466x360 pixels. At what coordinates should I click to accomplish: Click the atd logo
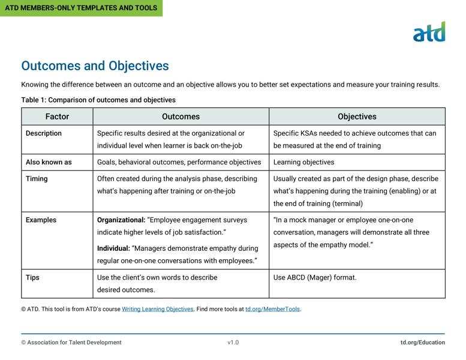click(429, 32)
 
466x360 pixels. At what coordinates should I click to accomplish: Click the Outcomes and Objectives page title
click(95, 66)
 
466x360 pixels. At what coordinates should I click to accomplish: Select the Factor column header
click(57, 116)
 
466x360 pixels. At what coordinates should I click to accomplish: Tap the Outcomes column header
click(181, 116)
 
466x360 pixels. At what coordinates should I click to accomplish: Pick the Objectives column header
click(357, 116)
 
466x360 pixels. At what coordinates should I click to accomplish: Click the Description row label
click(44, 133)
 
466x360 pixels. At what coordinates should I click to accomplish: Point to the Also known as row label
click(49, 162)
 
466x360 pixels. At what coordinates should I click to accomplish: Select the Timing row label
click(37, 179)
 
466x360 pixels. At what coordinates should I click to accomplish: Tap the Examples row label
click(41, 220)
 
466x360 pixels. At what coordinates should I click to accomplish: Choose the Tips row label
click(32, 278)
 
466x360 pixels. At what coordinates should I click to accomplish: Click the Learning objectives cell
click(303, 162)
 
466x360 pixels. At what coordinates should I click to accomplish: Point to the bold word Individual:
click(113, 248)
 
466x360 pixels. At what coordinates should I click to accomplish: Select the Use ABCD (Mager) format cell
click(315, 278)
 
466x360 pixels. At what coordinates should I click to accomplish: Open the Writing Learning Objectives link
click(158, 310)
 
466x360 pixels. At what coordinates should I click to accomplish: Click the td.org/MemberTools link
click(272, 310)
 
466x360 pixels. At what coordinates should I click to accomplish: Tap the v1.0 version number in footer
click(233, 343)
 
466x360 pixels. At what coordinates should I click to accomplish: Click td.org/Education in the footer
click(423, 343)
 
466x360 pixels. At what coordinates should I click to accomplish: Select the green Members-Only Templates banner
click(81, 8)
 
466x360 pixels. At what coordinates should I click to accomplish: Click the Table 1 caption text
click(98, 100)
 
